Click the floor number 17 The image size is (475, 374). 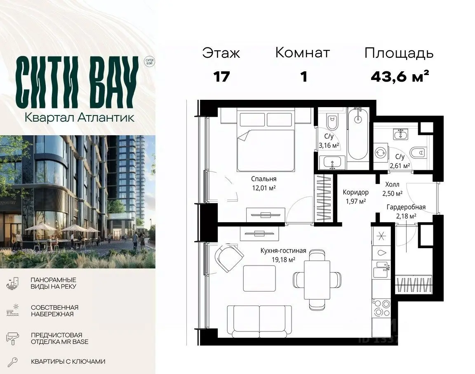coord(221,77)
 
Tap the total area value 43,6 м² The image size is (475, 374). coord(400,76)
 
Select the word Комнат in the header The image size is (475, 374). coord(302,53)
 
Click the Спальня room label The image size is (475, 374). coord(263,179)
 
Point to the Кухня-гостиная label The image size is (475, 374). coord(283,251)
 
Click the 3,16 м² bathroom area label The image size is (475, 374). coord(329,146)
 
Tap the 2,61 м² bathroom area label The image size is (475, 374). coord(400,166)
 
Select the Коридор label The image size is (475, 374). coord(356,192)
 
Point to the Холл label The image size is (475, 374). coord(392,184)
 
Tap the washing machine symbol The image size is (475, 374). coord(380,153)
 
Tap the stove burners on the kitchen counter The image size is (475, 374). coord(382,308)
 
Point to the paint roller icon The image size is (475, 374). coord(12,338)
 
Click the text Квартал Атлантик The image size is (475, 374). coord(79,118)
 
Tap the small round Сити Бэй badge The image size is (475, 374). coord(149,62)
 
